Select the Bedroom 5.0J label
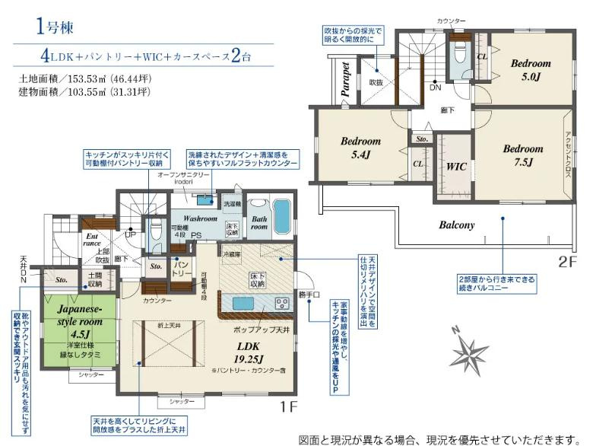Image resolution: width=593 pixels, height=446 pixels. click(530, 70)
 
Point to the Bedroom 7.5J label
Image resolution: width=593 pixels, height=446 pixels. click(523, 155)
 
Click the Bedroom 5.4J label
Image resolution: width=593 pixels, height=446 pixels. click(360, 148)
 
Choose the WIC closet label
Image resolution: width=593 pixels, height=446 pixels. click(456, 165)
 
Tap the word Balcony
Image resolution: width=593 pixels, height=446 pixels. click(456, 225)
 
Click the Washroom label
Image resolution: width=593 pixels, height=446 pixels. click(200, 218)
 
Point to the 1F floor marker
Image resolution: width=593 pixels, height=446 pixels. click(289, 408)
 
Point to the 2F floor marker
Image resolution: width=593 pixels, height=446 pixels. click(568, 261)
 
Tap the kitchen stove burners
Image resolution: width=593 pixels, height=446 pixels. click(281, 303)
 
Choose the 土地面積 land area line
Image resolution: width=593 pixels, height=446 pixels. click(84, 78)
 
